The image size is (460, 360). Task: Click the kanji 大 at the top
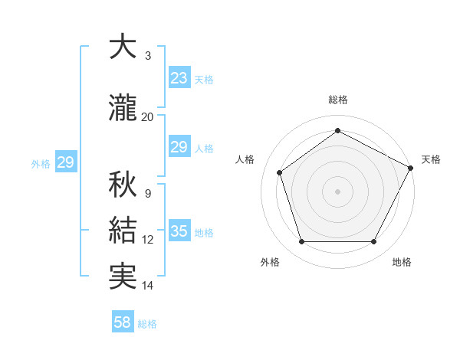point(122,47)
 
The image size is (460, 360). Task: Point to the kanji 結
point(122,231)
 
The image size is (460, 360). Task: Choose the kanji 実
point(122,277)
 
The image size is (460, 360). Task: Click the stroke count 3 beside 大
point(147,56)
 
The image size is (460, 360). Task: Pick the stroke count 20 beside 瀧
point(147,117)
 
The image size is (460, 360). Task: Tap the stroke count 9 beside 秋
point(147,194)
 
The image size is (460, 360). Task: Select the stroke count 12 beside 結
point(147,240)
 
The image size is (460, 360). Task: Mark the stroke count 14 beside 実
point(147,286)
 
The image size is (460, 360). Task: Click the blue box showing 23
point(179,78)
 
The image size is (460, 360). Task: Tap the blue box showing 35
point(179,231)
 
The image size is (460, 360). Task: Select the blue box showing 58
point(123,323)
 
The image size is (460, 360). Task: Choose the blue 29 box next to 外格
point(65,162)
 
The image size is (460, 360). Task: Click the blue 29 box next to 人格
point(179,147)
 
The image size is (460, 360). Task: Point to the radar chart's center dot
point(337,191)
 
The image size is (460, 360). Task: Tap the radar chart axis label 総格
point(337,100)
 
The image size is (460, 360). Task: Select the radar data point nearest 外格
point(301,242)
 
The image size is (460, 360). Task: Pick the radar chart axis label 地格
point(402,262)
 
